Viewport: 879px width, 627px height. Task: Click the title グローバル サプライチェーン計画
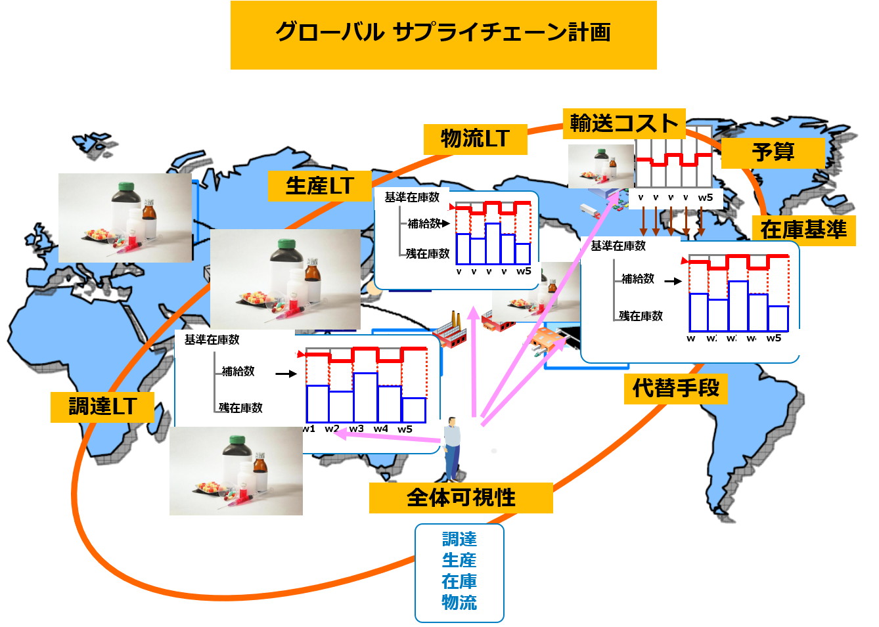point(443,33)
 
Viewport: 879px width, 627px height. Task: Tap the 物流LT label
point(475,139)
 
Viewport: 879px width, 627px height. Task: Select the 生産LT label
point(319,186)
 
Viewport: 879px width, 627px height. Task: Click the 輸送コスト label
point(623,123)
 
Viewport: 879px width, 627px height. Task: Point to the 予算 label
point(773,152)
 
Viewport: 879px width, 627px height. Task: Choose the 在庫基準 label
point(803,230)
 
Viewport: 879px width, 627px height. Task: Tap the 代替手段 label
point(676,388)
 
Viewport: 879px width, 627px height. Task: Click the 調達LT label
point(102,406)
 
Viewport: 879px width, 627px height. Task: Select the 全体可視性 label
point(461,498)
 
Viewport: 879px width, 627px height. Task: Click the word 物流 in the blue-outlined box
point(459,602)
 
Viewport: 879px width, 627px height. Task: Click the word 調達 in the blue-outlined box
point(459,539)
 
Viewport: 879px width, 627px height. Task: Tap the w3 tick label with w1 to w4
point(356,429)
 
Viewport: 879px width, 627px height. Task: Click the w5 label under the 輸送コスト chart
point(705,198)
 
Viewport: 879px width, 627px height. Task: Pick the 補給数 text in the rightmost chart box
point(637,279)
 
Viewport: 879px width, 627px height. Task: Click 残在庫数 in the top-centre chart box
point(428,253)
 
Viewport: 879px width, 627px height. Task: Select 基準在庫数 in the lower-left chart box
point(212,340)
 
